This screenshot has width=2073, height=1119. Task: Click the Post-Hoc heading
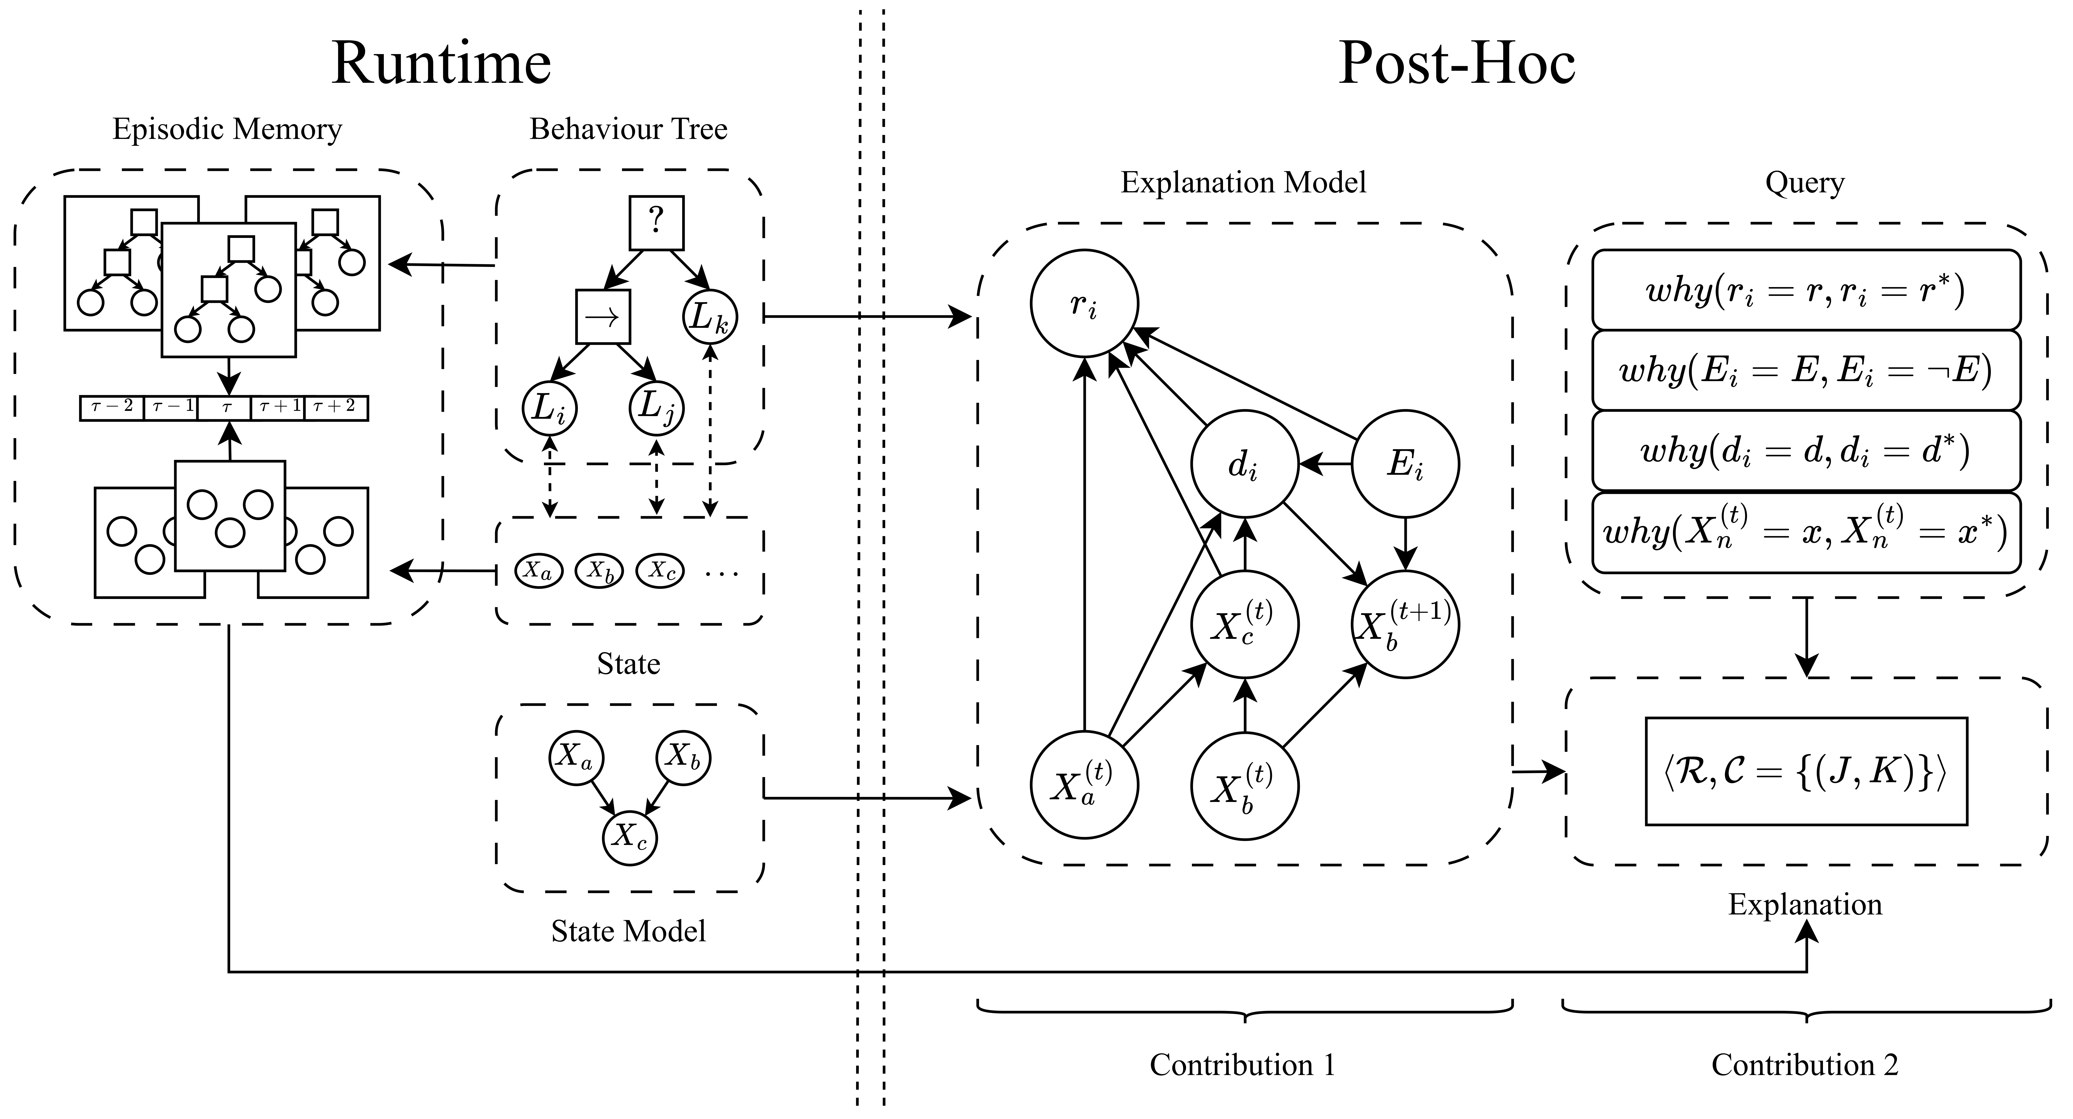(1457, 63)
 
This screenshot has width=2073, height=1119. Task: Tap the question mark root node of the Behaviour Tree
(656, 222)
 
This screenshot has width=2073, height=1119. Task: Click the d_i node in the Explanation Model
(1244, 464)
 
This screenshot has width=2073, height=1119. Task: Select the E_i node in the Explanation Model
(1405, 464)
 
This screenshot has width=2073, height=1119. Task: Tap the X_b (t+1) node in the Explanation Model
(1405, 624)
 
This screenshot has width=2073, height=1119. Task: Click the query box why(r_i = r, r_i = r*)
(1806, 290)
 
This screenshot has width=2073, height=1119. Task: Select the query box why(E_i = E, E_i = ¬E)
(1806, 370)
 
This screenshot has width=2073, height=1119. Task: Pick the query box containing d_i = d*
(1806, 451)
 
